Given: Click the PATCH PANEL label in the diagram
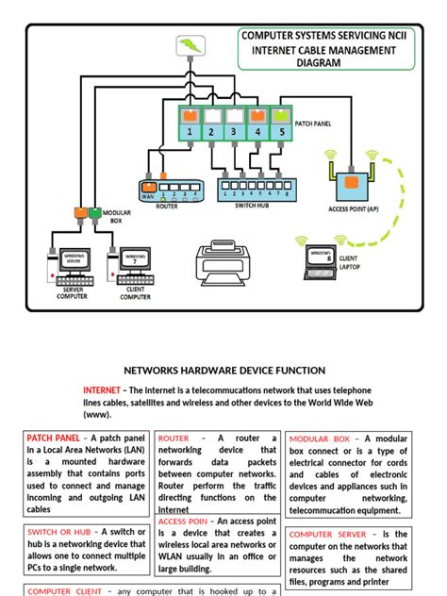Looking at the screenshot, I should pyautogui.click(x=314, y=124).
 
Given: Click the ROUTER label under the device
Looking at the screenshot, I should pyautogui.click(x=167, y=206).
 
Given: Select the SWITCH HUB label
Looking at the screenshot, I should pyautogui.click(x=249, y=206).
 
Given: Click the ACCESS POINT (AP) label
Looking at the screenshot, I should pyautogui.click(x=355, y=208).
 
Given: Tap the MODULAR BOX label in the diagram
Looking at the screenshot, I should pyautogui.click(x=117, y=217).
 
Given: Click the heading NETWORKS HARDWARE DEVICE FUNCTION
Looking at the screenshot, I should pyautogui.click(x=224, y=371).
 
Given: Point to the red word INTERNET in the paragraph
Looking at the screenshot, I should pyautogui.click(x=102, y=389).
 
